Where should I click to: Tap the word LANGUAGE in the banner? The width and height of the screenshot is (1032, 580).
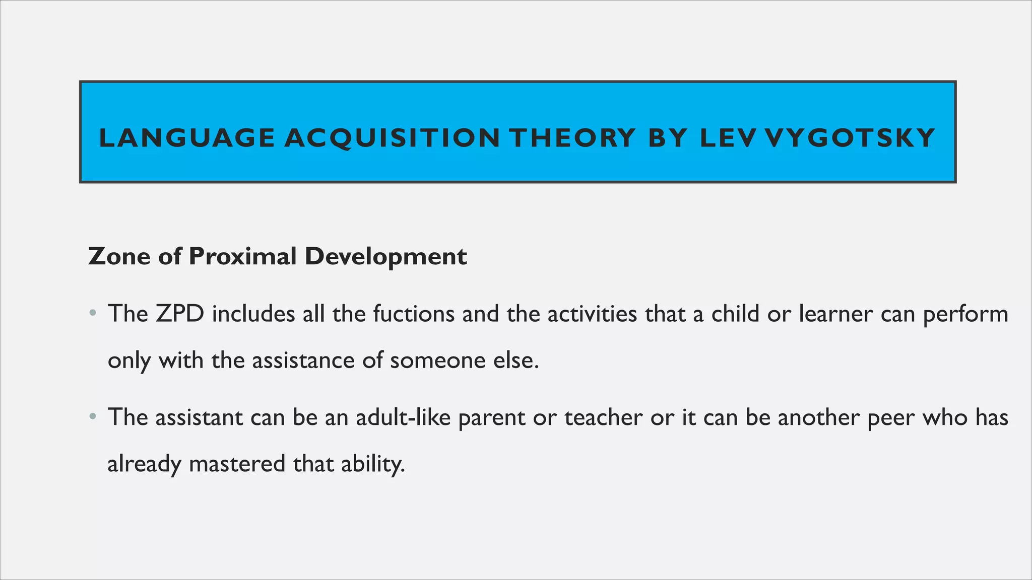pyautogui.click(x=187, y=138)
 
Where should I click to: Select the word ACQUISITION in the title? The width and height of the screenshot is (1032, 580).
pyautogui.click(x=392, y=138)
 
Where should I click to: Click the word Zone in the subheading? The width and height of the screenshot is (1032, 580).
pyautogui.click(x=119, y=256)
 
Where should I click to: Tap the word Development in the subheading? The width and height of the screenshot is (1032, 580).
pyautogui.click(x=385, y=256)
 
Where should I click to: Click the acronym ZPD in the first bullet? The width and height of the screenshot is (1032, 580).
pyautogui.click(x=179, y=314)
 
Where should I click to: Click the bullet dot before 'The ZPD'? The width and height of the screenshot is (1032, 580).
pyautogui.click(x=92, y=314)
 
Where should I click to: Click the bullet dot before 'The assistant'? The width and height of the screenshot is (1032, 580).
pyautogui.click(x=92, y=417)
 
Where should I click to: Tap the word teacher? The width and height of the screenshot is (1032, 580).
pyautogui.click(x=603, y=417)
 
